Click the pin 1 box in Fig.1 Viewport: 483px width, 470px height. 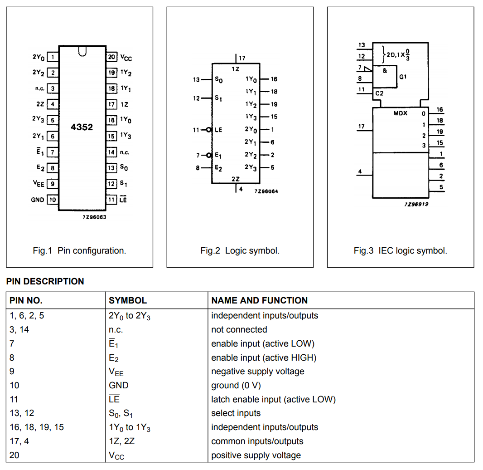tap(53, 57)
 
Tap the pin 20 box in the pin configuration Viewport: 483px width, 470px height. tap(111, 57)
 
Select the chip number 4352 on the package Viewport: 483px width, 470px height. tap(82, 127)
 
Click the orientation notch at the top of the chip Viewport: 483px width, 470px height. tap(82, 52)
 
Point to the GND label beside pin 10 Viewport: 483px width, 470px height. tap(38, 200)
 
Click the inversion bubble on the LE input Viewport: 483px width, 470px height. tap(209, 130)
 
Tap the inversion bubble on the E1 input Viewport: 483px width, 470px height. tap(209, 155)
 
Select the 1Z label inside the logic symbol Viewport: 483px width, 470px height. tap(235, 69)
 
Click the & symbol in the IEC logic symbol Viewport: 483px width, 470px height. tap(385, 71)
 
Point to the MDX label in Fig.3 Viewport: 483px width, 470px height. tap(401, 113)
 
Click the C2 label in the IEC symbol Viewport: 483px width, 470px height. tap(379, 93)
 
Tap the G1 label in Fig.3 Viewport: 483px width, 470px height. tap(403, 77)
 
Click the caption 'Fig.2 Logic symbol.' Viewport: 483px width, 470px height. tap(240, 251)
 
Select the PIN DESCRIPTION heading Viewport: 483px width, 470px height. tap(45, 281)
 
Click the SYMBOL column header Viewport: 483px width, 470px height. tap(128, 300)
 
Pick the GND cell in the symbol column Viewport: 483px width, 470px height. tap(119, 385)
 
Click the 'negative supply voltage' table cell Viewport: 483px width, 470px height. tap(258, 371)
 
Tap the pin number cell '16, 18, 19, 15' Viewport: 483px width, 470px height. tap(37, 427)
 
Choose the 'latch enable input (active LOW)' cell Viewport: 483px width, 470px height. tap(274, 399)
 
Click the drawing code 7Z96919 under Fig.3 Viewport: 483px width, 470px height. tap(416, 204)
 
